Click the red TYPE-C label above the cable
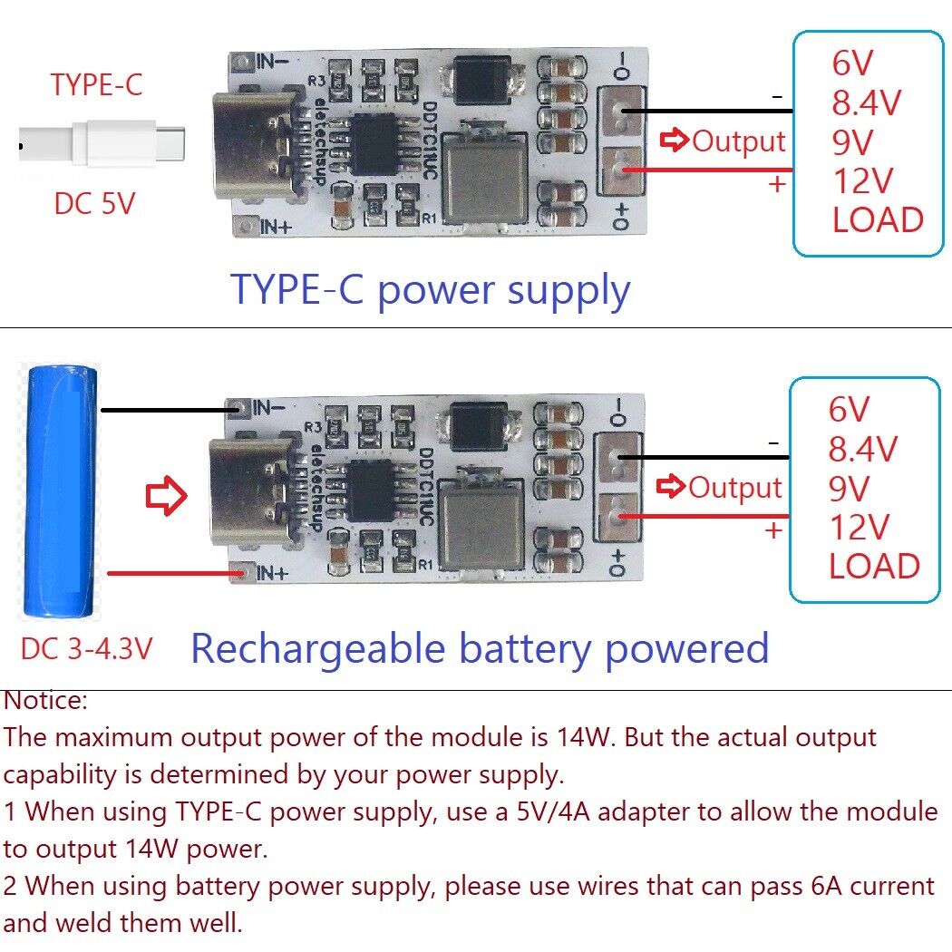[96, 84]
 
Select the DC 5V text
[94, 204]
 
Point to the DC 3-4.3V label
[86, 648]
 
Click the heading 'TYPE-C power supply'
[430, 290]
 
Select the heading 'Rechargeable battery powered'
[480, 649]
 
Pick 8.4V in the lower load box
[861, 449]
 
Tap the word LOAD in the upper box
[877, 220]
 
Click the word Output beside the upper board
[738, 141]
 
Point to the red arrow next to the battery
[166, 497]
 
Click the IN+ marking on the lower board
[272, 573]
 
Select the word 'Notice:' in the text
[46, 700]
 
